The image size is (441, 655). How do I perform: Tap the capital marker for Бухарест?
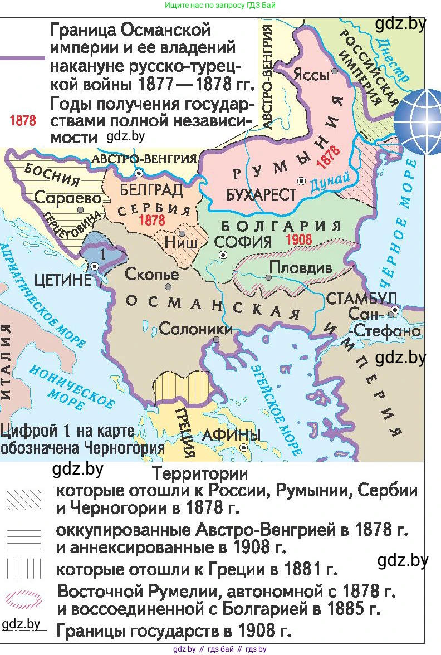tap(301, 181)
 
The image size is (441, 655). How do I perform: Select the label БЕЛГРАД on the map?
tap(151, 190)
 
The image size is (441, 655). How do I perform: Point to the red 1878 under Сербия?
tap(152, 221)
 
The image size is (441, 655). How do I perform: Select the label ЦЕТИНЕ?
tap(62, 280)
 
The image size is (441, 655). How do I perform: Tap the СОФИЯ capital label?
tap(243, 242)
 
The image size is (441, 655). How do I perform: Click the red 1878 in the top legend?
tap(23, 121)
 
